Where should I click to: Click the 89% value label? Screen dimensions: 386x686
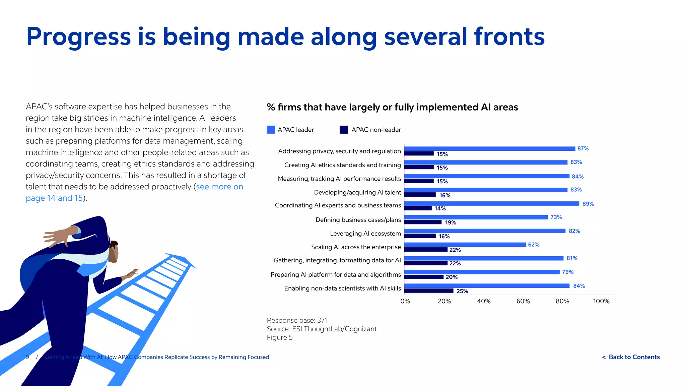click(x=588, y=204)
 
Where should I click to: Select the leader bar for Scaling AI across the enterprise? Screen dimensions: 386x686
click(x=465, y=245)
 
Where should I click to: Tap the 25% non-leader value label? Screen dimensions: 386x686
click(x=462, y=291)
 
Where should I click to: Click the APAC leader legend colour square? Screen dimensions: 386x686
click(x=271, y=130)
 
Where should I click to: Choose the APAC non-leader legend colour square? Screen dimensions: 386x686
click(x=344, y=130)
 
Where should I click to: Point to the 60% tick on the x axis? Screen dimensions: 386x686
click(x=523, y=301)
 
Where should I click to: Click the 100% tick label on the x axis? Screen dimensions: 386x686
click(x=601, y=301)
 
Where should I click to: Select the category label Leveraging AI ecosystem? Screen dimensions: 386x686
click(x=365, y=234)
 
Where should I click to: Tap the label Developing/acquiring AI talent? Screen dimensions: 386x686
click(x=357, y=192)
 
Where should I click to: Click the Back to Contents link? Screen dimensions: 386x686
click(x=631, y=357)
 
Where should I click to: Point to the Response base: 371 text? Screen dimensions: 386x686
click(x=297, y=320)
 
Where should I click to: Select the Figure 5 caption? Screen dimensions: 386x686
click(x=279, y=337)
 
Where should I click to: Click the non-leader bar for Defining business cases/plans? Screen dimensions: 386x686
click(x=423, y=222)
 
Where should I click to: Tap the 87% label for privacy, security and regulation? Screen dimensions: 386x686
click(x=583, y=148)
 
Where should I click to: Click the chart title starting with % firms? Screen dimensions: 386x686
click(x=392, y=107)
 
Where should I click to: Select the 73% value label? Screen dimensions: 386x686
click(x=556, y=217)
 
